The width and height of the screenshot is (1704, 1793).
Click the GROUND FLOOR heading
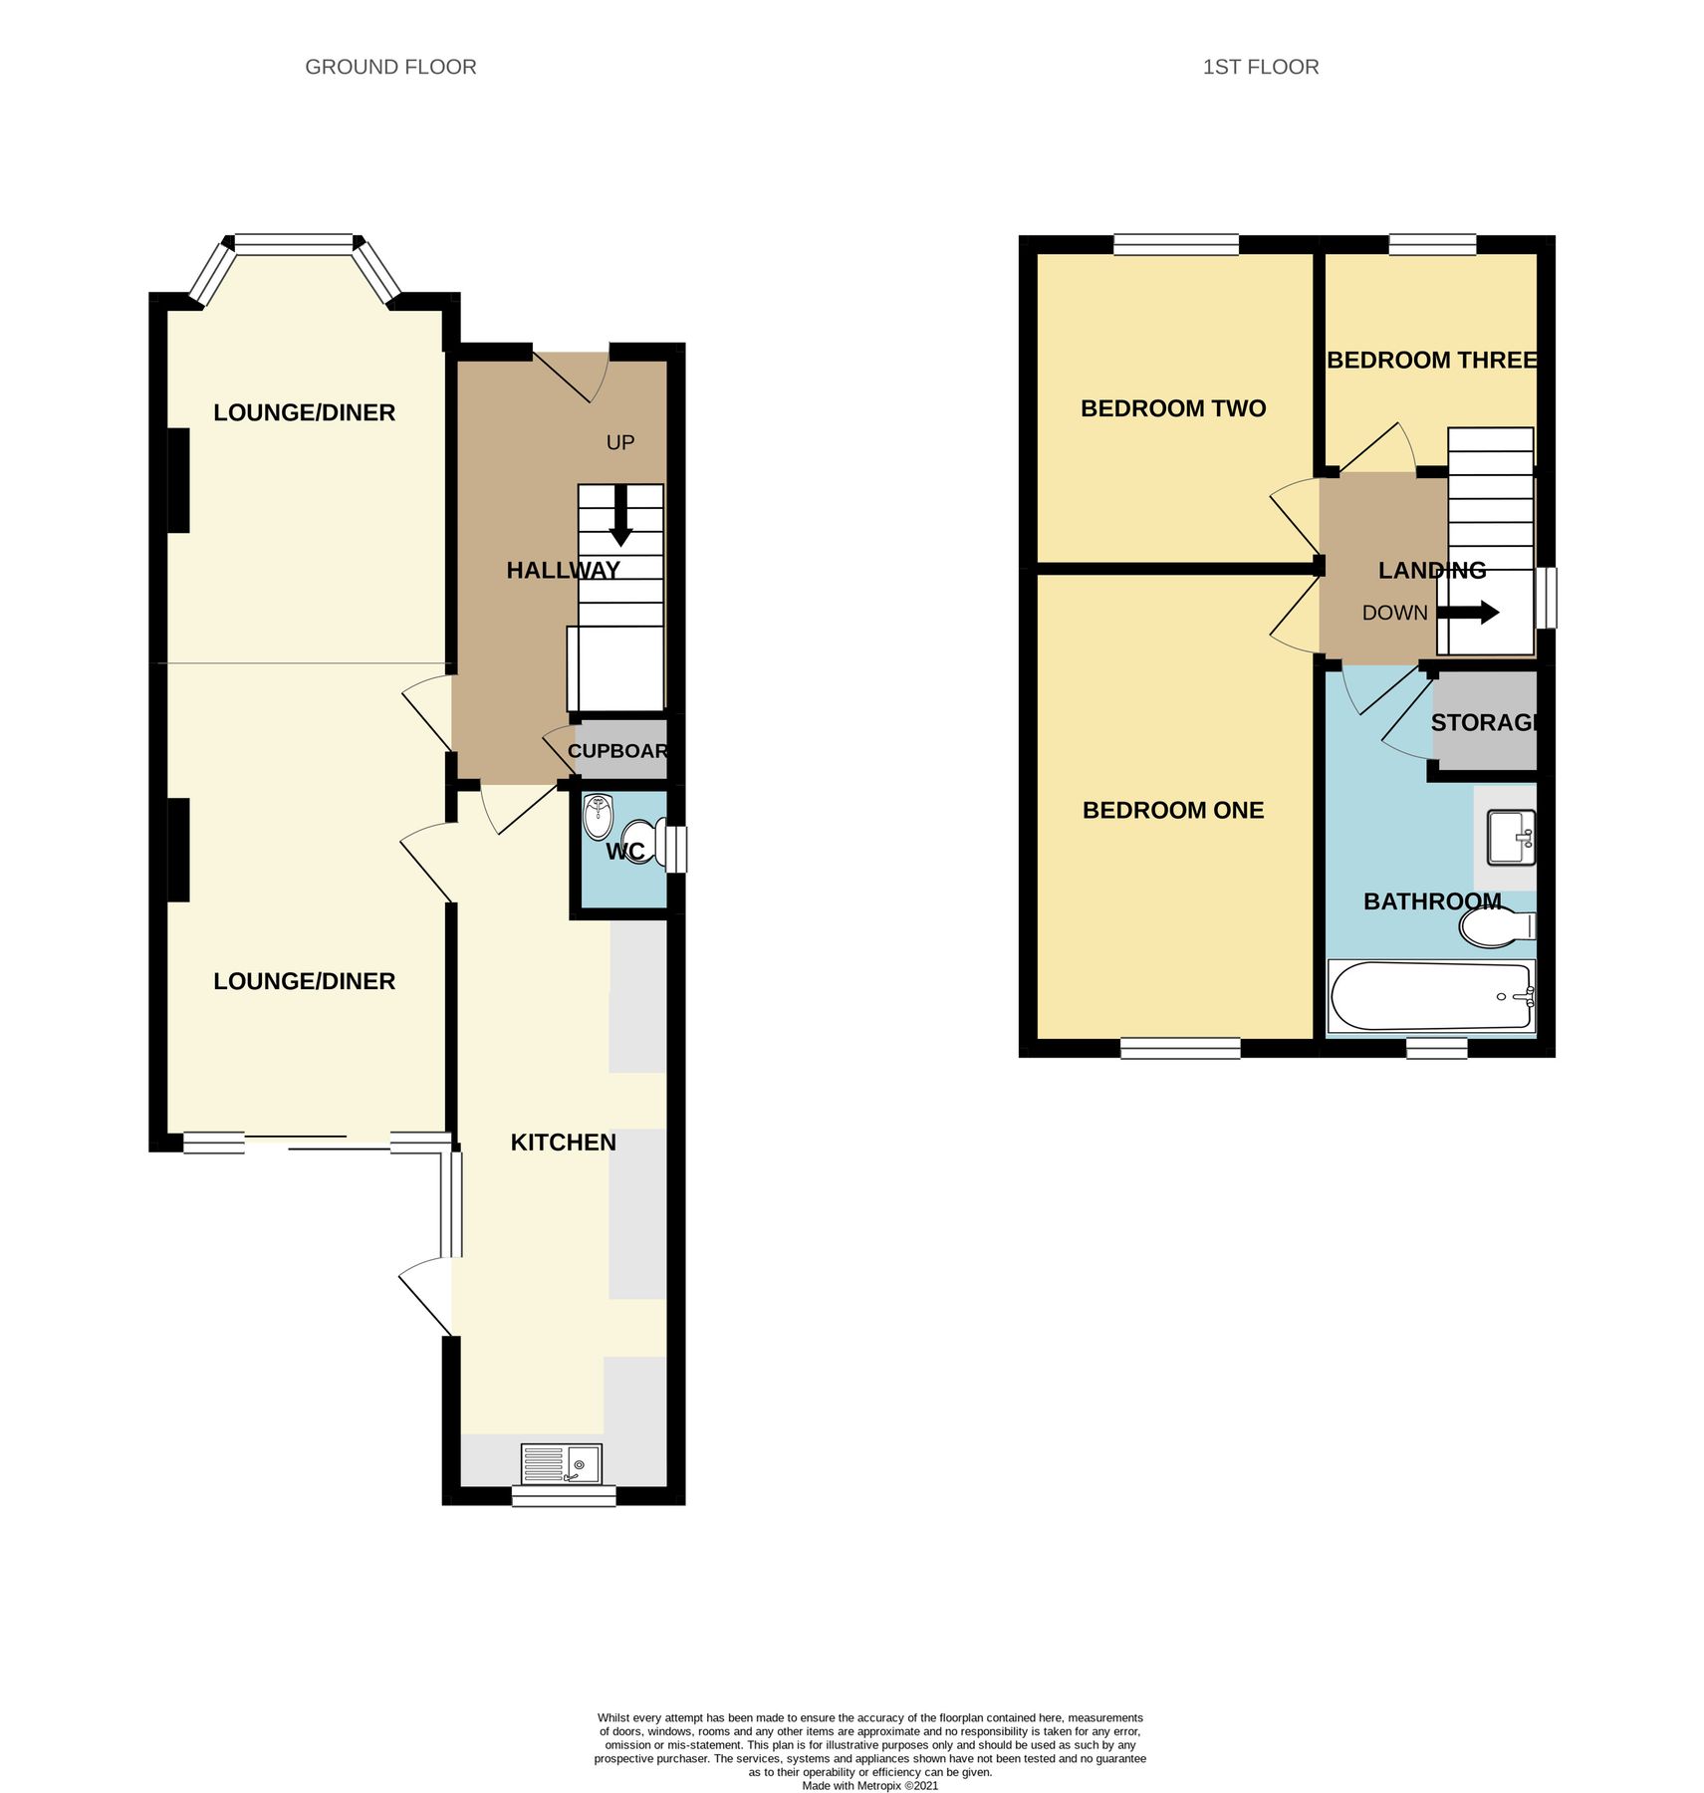(x=390, y=67)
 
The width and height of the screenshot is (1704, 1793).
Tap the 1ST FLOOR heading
(x=1260, y=67)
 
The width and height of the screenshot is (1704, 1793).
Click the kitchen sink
(x=562, y=1462)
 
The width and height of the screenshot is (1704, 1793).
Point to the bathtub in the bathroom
(x=1431, y=996)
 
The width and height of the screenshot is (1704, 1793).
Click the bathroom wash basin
(x=1510, y=837)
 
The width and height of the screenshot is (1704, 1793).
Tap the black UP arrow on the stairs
(x=620, y=515)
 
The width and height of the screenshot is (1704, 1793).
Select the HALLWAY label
(x=563, y=570)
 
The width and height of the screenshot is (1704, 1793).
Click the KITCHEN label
(x=563, y=1142)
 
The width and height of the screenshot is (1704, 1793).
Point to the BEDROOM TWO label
(x=1172, y=407)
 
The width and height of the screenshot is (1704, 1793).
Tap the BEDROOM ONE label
(x=1172, y=810)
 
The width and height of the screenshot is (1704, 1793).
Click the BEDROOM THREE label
(x=1431, y=360)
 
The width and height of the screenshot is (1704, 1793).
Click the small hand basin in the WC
(x=598, y=816)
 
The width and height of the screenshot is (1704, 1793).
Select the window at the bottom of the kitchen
(x=563, y=1495)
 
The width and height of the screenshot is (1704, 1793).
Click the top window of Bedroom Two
(x=1175, y=244)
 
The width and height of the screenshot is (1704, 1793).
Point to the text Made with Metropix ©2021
(x=869, y=1786)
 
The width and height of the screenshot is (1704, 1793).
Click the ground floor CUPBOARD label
(x=617, y=750)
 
